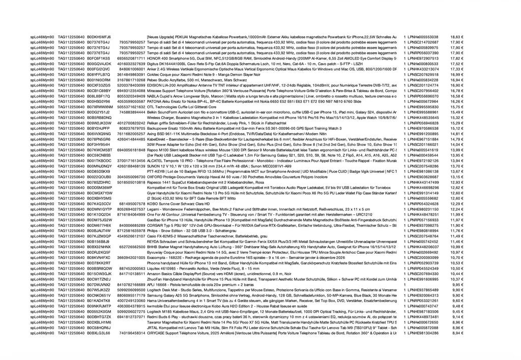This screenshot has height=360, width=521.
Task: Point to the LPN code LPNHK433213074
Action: pyautogui.click(x=421, y=69)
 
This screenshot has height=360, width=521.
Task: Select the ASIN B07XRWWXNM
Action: pyautogui.click(x=100, y=107)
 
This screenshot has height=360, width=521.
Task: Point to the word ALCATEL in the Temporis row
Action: pyautogui.click(x=155, y=160)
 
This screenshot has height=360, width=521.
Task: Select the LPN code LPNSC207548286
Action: pyautogui.click(x=421, y=166)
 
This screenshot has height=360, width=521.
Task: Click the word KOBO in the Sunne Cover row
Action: pyautogui.click(x=152, y=203)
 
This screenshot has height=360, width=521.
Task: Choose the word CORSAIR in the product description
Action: pyautogui.click(x=155, y=225)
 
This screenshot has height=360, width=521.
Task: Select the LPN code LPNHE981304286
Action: pyautogui.click(x=421, y=333)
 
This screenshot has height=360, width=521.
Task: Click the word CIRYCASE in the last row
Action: pyautogui.click(x=156, y=333)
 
